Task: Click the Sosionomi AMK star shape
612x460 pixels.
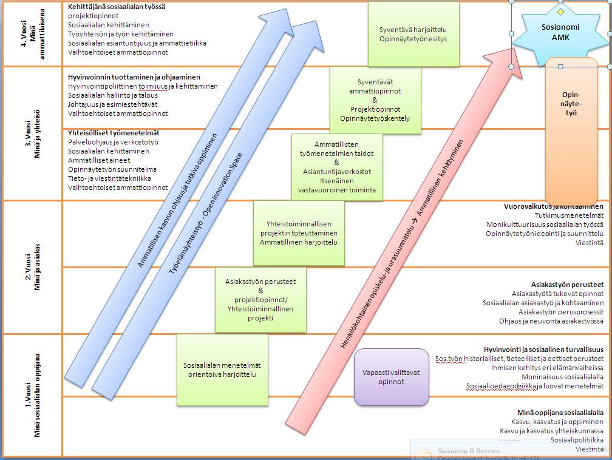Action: pyautogui.click(x=560, y=32)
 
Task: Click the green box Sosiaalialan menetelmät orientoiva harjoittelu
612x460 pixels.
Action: pyautogui.click(x=222, y=370)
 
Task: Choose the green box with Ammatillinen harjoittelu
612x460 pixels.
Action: pyautogui.click(x=299, y=233)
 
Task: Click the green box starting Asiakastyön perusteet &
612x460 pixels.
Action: pyautogui.click(x=260, y=300)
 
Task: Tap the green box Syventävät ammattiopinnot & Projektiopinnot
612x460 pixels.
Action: pyautogui.click(x=375, y=100)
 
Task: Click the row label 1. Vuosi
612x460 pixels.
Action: pyautogui.click(x=32, y=394)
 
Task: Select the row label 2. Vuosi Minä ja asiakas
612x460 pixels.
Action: pyautogui.click(x=32, y=267)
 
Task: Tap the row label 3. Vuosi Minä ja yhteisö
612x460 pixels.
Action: pyautogui.click(x=32, y=134)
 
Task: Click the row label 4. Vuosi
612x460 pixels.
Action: pyautogui.click(x=32, y=33)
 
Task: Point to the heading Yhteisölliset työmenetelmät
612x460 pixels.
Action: pyautogui.click(x=114, y=132)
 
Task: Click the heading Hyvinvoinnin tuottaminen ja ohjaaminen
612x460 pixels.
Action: pyautogui.click(x=134, y=77)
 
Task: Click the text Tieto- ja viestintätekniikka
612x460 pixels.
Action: pyautogui.click(x=110, y=178)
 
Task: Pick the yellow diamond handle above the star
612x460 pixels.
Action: pyautogui.click(x=560, y=12)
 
